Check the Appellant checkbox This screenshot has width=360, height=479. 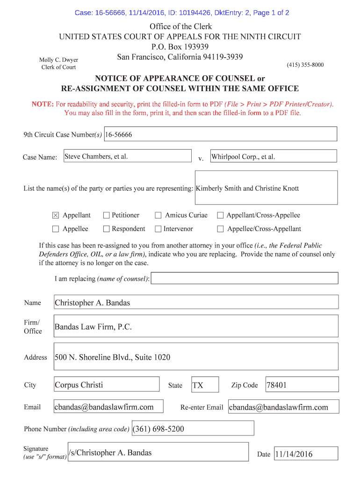[56, 215]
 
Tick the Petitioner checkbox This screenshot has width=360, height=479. [106, 215]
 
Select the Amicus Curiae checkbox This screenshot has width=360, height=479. [158, 215]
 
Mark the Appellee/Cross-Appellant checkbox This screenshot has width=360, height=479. [220, 229]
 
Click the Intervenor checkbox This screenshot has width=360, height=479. [158, 229]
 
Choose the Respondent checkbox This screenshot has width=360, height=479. [106, 229]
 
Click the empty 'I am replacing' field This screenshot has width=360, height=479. [245, 278]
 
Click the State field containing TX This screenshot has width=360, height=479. [204, 385]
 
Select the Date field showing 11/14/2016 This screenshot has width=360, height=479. [306, 454]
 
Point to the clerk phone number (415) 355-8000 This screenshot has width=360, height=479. [305, 65]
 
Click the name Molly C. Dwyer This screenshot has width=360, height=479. [58, 60]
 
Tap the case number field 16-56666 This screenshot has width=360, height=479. [220, 134]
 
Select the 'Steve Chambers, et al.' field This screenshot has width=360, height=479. [127, 156]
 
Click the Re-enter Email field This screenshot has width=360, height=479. [283, 407]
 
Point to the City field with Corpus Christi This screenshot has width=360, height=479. [107, 385]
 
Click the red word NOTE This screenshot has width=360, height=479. [43, 104]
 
